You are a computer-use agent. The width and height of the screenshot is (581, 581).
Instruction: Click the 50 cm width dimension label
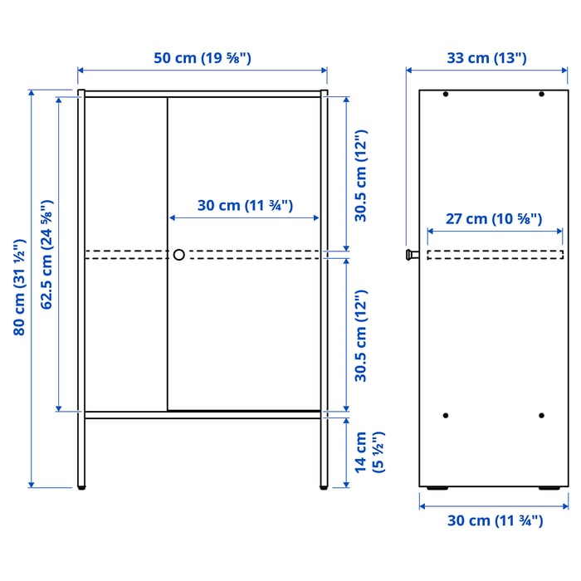pos(202,58)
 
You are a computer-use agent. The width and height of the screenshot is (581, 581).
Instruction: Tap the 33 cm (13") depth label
pos(486,58)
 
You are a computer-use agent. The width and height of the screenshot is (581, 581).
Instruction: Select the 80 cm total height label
pos(19,287)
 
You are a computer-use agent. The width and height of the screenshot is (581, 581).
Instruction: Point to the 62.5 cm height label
pos(47,254)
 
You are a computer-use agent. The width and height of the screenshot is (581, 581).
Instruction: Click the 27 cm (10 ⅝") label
pos(493,219)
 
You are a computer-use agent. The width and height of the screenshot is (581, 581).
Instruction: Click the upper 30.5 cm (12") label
pos(360,176)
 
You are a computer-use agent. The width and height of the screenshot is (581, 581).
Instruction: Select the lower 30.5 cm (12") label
pos(360,335)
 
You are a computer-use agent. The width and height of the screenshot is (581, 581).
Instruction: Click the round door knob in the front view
pos(178,255)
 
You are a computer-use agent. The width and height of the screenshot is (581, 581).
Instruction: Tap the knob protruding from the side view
pos(410,255)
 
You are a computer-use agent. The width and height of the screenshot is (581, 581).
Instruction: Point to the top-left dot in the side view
pos(446,95)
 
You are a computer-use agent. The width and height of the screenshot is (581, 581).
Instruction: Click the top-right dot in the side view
pos(541,95)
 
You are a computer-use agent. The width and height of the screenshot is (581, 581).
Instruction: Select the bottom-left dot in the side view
pos(446,415)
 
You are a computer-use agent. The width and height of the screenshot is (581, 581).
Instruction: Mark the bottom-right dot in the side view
pos(541,415)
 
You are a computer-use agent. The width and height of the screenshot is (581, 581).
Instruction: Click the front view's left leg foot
pos(81,488)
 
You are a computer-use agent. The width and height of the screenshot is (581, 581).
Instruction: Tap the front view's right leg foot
pos(323,488)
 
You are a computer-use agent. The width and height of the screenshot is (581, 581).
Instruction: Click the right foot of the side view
pos(549,488)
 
